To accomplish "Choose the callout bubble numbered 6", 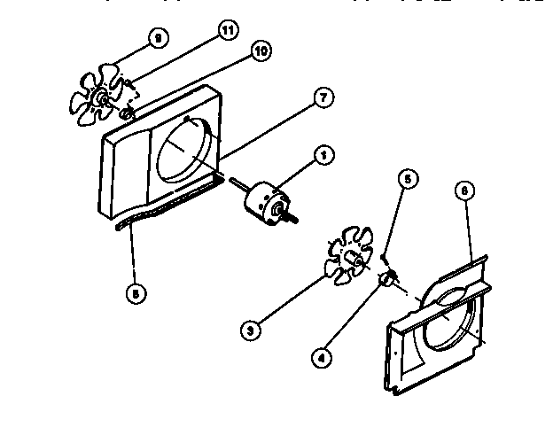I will (x=465, y=190).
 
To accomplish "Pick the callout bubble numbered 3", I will (x=253, y=331).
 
